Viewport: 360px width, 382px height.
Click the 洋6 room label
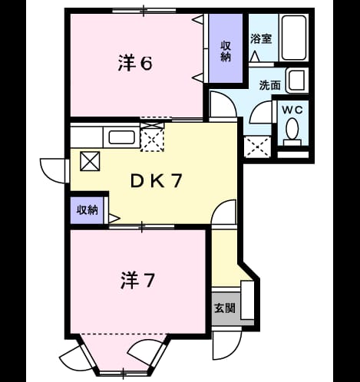[135, 63]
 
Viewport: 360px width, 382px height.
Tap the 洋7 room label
[137, 281]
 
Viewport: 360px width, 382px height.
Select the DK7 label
[157, 181]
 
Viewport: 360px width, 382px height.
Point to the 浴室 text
[261, 38]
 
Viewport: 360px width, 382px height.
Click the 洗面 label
[270, 85]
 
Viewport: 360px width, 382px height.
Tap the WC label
[292, 110]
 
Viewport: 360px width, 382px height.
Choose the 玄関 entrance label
[225, 308]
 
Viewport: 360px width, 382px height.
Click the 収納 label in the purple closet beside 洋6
[226, 51]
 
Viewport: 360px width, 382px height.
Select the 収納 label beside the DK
[88, 210]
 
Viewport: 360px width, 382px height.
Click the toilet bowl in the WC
[292, 130]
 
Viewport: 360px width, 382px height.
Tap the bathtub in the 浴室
[294, 38]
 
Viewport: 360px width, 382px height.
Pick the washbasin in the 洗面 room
[297, 80]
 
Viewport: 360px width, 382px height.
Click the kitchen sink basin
[121, 137]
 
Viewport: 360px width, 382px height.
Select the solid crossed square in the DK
[90, 161]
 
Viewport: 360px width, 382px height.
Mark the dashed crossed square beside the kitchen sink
[152, 140]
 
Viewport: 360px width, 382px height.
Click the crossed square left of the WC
[257, 147]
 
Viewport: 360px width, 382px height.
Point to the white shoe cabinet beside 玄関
[247, 300]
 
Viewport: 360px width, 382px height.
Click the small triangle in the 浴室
[254, 57]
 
